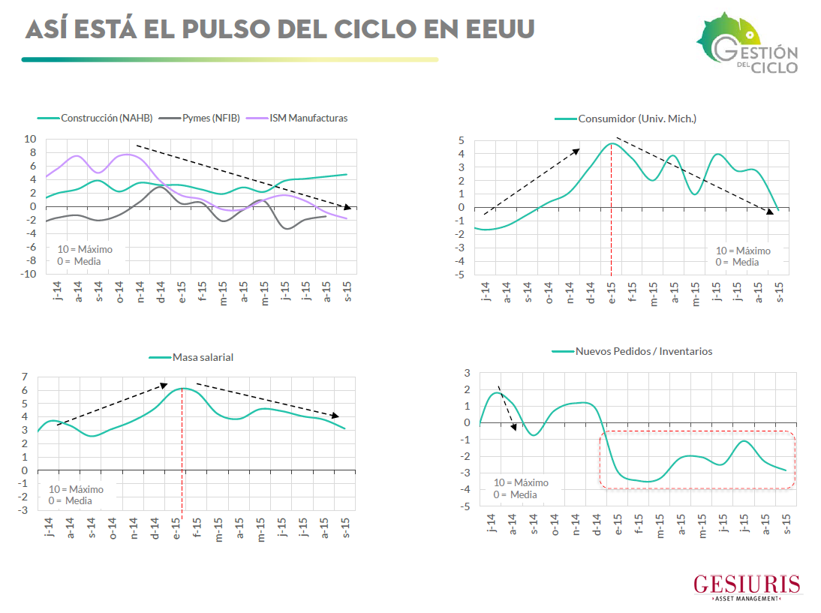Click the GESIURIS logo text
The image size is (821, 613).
coord(746,584)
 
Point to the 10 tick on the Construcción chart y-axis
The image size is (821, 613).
coord(31,140)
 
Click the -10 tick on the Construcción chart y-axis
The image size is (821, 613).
coord(28,275)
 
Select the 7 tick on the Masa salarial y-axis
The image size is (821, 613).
coord(25,377)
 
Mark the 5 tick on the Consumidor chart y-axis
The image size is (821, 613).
coord(462,141)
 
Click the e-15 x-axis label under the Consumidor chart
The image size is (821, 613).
coord(612,291)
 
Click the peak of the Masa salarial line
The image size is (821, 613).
coord(182,388)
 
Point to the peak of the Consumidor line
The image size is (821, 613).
coord(612,143)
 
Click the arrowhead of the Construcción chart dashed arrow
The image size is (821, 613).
coord(347,207)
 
